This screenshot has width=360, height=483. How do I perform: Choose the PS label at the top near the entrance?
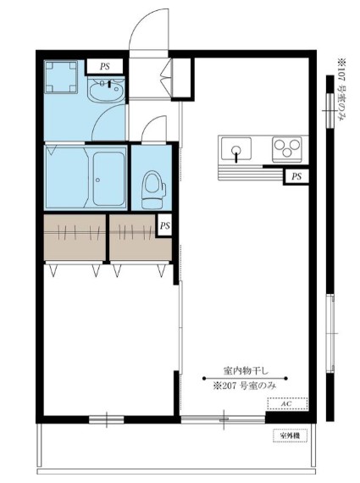coord(104,65)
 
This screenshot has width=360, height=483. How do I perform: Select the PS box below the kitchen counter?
coord(296,176)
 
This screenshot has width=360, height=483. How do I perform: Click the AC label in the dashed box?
coord(287,404)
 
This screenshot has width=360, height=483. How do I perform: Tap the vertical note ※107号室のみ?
coord(341,89)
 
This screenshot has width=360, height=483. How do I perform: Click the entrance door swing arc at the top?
coord(151,25)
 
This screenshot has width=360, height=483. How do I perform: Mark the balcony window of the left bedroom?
coord(104,419)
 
